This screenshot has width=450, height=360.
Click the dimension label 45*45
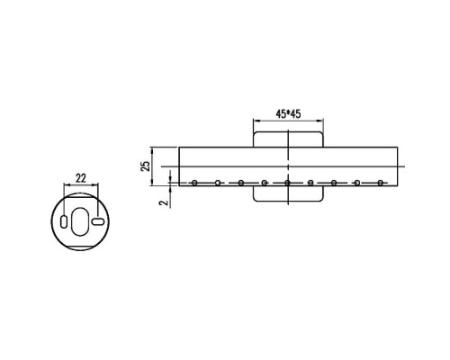(x=288, y=114)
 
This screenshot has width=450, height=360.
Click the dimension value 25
(x=146, y=166)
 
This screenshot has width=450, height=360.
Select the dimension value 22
(x=81, y=178)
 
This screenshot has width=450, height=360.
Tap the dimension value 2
(x=164, y=202)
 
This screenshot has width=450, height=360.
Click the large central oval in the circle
(x=80, y=220)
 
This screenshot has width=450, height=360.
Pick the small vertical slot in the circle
(x=64, y=221)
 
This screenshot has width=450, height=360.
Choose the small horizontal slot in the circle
(x=98, y=221)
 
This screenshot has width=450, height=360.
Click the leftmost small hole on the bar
(x=194, y=183)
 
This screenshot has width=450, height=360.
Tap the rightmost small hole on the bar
(x=381, y=183)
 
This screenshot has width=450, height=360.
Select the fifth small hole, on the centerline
(x=287, y=183)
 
